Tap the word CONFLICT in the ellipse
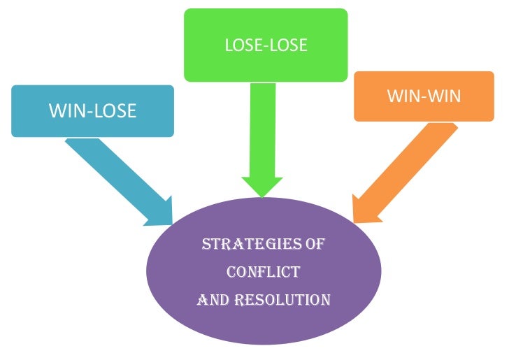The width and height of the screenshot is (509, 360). [264, 272]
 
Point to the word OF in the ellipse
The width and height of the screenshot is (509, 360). [315, 245]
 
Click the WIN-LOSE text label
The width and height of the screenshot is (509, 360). [92, 110]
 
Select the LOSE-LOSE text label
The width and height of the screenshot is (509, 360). [266, 46]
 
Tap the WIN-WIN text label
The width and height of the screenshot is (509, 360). [424, 95]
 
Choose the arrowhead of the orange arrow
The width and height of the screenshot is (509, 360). [364, 208]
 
